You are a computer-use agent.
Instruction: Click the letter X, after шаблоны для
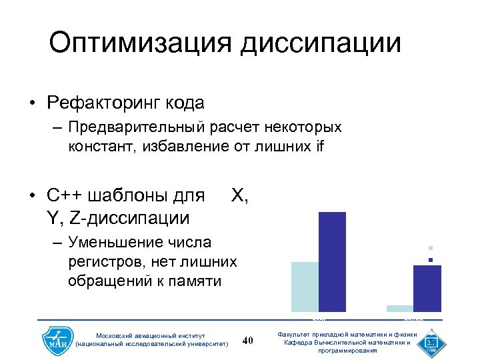239,196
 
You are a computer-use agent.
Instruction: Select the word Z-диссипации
127,217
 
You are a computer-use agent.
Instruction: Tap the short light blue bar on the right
400,308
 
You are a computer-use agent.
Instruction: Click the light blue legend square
431,248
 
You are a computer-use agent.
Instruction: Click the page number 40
247,341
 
